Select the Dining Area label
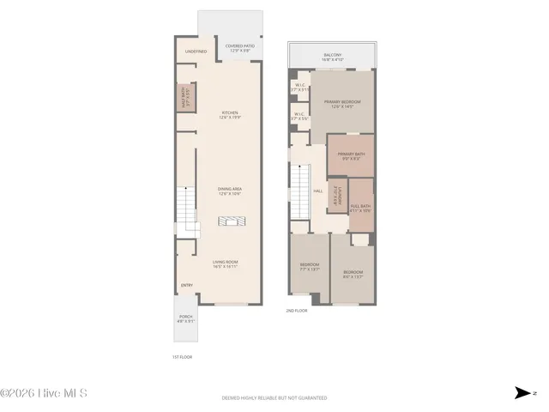click(x=230, y=191)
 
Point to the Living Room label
click(x=225, y=264)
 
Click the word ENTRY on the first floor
click(x=187, y=286)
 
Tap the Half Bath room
click(x=184, y=99)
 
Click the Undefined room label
click(x=195, y=51)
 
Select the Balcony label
click(x=334, y=58)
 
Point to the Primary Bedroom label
click(x=343, y=104)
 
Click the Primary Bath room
click(x=351, y=156)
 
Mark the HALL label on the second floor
click(x=317, y=191)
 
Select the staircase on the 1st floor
click(x=188, y=209)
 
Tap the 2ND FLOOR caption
click(x=296, y=311)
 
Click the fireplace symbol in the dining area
click(x=231, y=222)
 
